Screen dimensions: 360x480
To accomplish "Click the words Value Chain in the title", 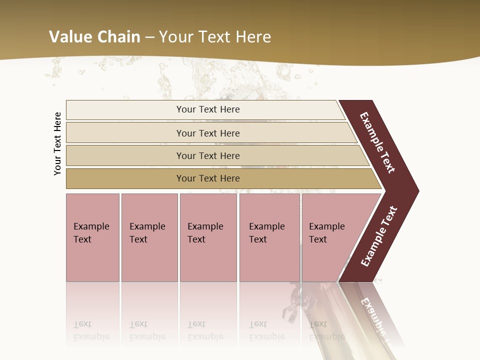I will [x=94, y=37].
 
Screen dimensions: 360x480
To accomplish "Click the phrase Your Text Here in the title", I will [x=215, y=37].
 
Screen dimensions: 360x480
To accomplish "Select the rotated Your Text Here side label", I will [x=58, y=143].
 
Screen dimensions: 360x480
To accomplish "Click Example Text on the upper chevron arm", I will [x=377, y=142].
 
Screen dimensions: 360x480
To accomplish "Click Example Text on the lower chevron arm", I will [x=378, y=236].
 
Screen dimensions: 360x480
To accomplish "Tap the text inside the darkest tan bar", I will [x=208, y=178].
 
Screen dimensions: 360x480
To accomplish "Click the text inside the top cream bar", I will [x=208, y=109].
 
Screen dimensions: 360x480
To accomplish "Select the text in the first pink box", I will [x=91, y=233].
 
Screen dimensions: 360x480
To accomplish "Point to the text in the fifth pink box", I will [x=326, y=233].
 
